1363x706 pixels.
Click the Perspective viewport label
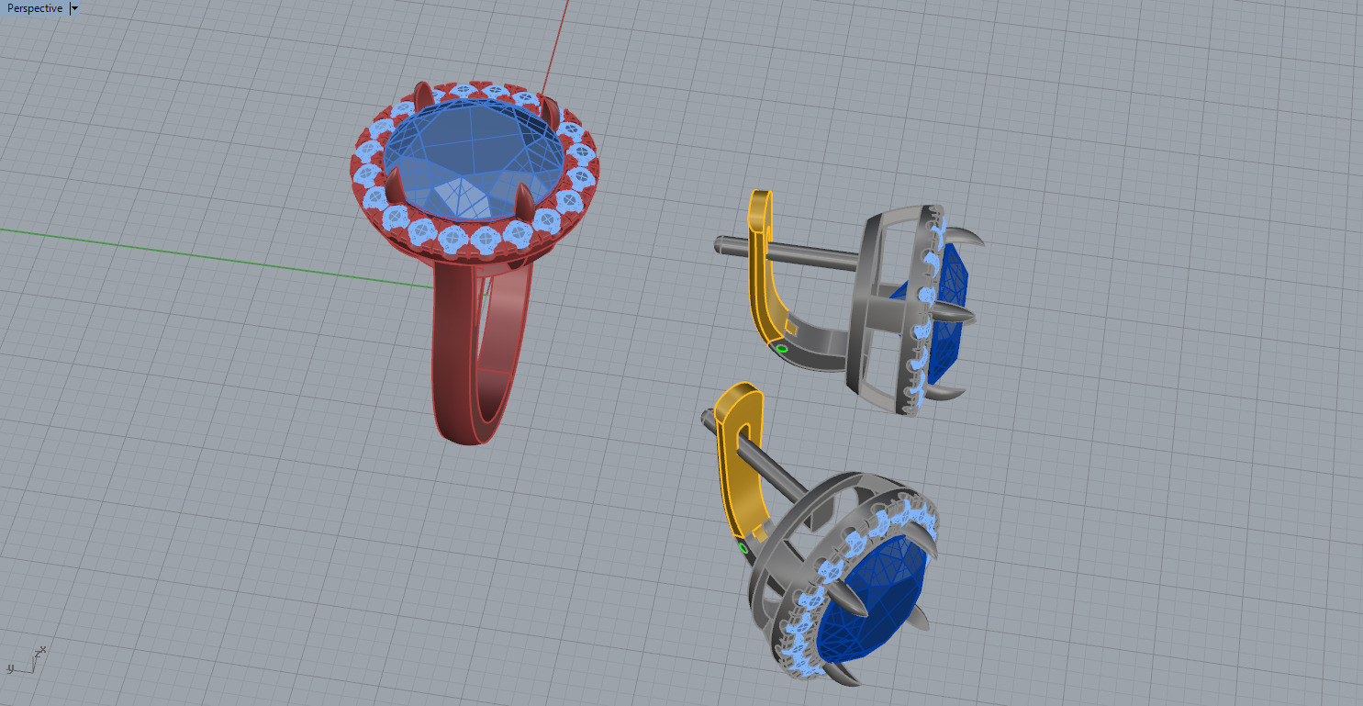(x=34, y=8)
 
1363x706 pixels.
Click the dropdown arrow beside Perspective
(x=74, y=8)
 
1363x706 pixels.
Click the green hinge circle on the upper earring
(x=781, y=349)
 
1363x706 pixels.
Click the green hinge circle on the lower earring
(x=743, y=548)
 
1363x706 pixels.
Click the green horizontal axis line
(x=184, y=252)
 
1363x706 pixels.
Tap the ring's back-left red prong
(x=422, y=94)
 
